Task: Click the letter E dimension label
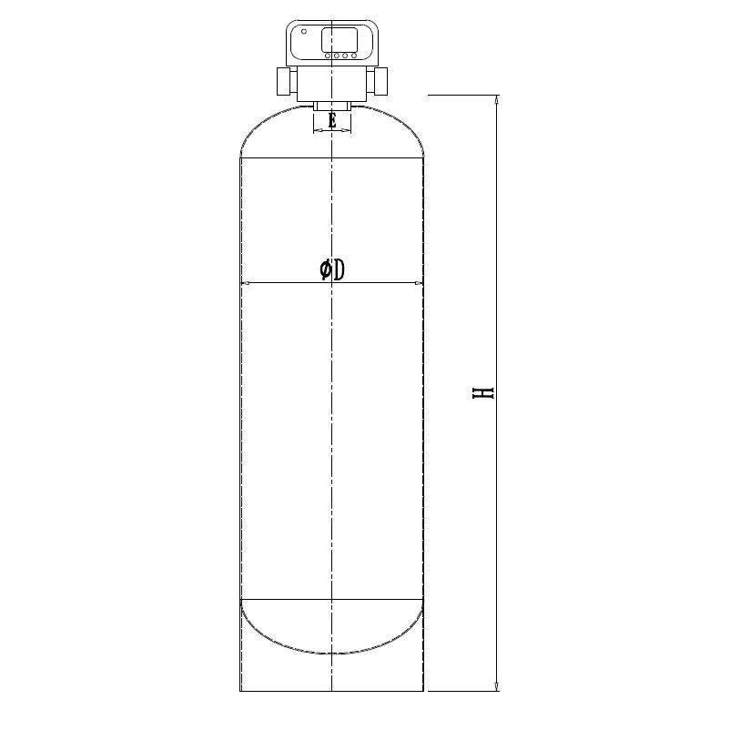332,120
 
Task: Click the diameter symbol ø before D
325,269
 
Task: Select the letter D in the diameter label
339,269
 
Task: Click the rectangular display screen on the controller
339,39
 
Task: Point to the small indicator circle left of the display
304,32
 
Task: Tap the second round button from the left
337,56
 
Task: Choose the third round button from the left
345,56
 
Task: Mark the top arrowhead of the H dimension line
496,99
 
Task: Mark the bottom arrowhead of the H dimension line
496,685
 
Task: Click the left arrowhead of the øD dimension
245,284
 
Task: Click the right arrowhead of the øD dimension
419,284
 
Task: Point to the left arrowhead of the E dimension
317,131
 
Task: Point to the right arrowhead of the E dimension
348,131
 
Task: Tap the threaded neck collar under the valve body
332,106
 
